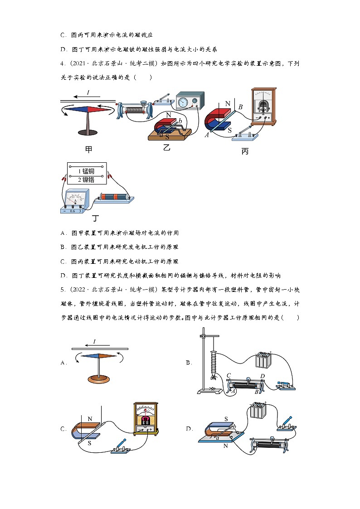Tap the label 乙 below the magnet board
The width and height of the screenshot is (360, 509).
[166, 147]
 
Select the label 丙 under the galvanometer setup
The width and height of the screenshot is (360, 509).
[245, 151]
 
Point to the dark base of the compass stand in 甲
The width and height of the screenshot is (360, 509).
[88, 132]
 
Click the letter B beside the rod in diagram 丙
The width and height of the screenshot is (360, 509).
[241, 107]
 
